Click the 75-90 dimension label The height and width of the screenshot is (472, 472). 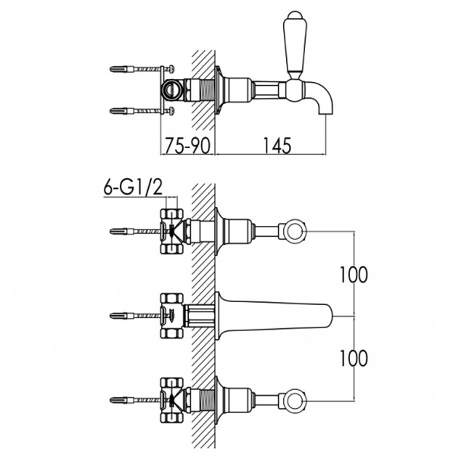tap(187, 146)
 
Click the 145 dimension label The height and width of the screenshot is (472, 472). tap(277, 146)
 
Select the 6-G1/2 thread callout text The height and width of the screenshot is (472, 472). tap(133, 187)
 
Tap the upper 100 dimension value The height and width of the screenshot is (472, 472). tap(354, 274)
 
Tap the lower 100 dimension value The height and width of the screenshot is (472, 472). tap(354, 358)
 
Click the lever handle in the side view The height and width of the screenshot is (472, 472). tap(295, 45)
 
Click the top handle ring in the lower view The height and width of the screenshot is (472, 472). tap(294, 232)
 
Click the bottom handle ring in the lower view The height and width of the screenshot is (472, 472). tap(294, 401)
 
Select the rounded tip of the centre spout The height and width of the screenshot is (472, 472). tap(330, 316)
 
